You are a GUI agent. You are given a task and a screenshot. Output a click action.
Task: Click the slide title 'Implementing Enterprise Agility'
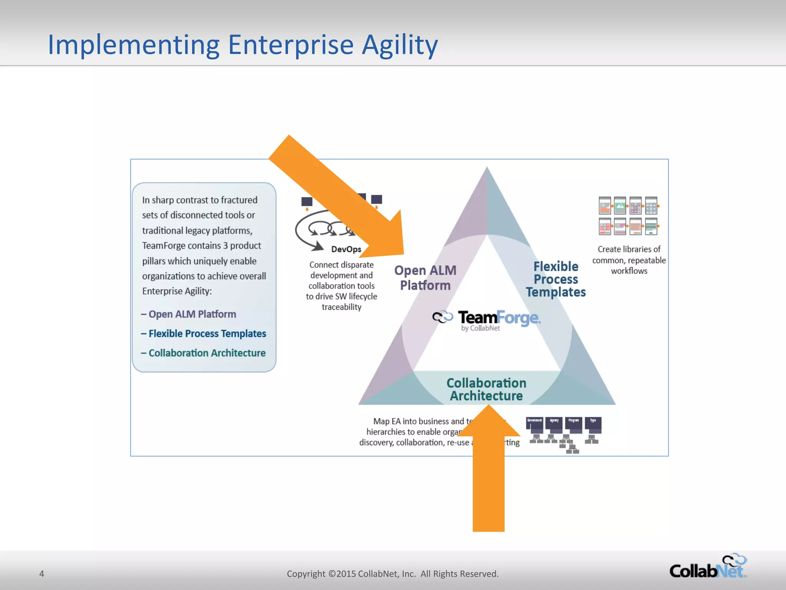(243, 45)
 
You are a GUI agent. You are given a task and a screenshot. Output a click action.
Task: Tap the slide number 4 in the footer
(42, 573)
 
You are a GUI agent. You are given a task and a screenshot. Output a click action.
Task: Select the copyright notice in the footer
(393, 573)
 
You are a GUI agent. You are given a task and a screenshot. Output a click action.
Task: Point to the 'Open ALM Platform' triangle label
(425, 278)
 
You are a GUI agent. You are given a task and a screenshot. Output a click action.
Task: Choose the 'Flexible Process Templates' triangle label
(556, 279)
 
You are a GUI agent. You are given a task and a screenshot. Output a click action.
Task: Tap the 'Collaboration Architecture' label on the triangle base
(486, 389)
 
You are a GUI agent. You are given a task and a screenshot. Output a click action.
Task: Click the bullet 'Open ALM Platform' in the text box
(192, 314)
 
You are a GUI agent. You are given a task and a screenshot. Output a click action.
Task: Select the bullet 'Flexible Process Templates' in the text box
(207, 333)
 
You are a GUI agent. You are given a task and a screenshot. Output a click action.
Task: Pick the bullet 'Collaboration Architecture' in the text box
(207, 353)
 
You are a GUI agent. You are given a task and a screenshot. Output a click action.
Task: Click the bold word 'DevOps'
(346, 249)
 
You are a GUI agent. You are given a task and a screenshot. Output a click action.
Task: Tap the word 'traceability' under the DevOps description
(342, 307)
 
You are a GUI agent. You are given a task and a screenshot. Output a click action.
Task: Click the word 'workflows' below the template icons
(629, 271)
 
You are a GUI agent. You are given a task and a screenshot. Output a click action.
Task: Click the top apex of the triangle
(487, 169)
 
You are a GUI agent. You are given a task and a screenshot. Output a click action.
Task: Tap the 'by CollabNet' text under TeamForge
(481, 328)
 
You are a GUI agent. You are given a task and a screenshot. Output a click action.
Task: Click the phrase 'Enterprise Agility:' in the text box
(177, 291)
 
